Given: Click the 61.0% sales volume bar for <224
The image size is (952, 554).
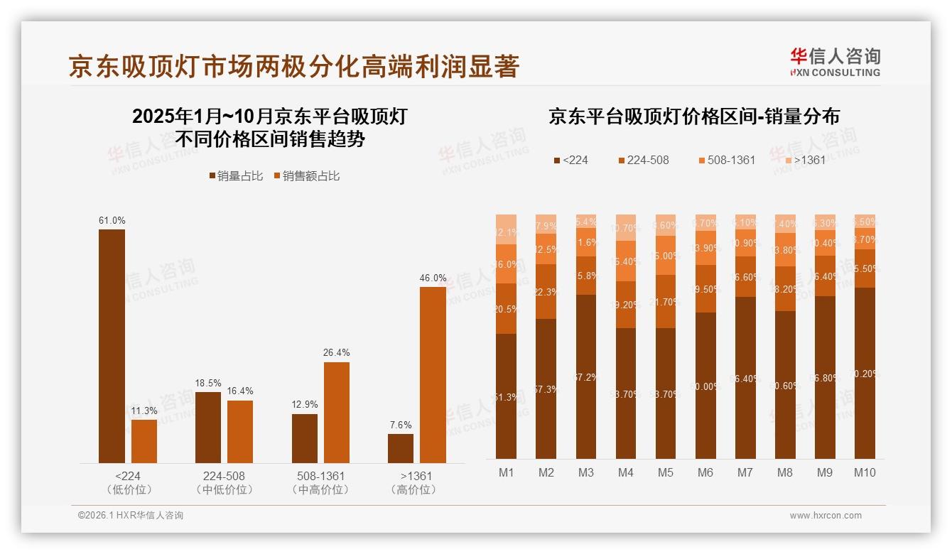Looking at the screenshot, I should [112, 346].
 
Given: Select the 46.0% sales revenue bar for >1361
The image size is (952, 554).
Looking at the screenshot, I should [433, 375].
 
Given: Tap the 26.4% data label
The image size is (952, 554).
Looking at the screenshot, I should [336, 352].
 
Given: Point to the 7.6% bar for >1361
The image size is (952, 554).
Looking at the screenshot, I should [401, 448].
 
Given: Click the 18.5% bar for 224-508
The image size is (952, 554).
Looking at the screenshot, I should [208, 428].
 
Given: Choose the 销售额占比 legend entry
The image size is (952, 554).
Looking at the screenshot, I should [306, 176].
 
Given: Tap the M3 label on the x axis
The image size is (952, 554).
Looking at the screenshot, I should [585, 472].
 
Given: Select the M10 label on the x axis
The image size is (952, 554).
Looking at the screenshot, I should [865, 472].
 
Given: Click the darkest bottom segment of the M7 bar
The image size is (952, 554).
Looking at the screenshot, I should [745, 377].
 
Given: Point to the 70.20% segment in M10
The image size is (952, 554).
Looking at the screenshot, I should [865, 373].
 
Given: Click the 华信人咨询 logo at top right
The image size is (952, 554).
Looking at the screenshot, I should [835, 62].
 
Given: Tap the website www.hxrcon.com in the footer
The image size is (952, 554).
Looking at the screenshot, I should [826, 516].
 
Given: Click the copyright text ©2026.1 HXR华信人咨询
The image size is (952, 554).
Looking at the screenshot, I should [130, 516].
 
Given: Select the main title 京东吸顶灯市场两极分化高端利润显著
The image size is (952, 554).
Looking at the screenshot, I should [294, 67].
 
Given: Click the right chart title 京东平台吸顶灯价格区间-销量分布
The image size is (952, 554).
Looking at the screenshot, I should [693, 116].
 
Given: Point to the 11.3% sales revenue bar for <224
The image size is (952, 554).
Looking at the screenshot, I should [144, 441].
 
